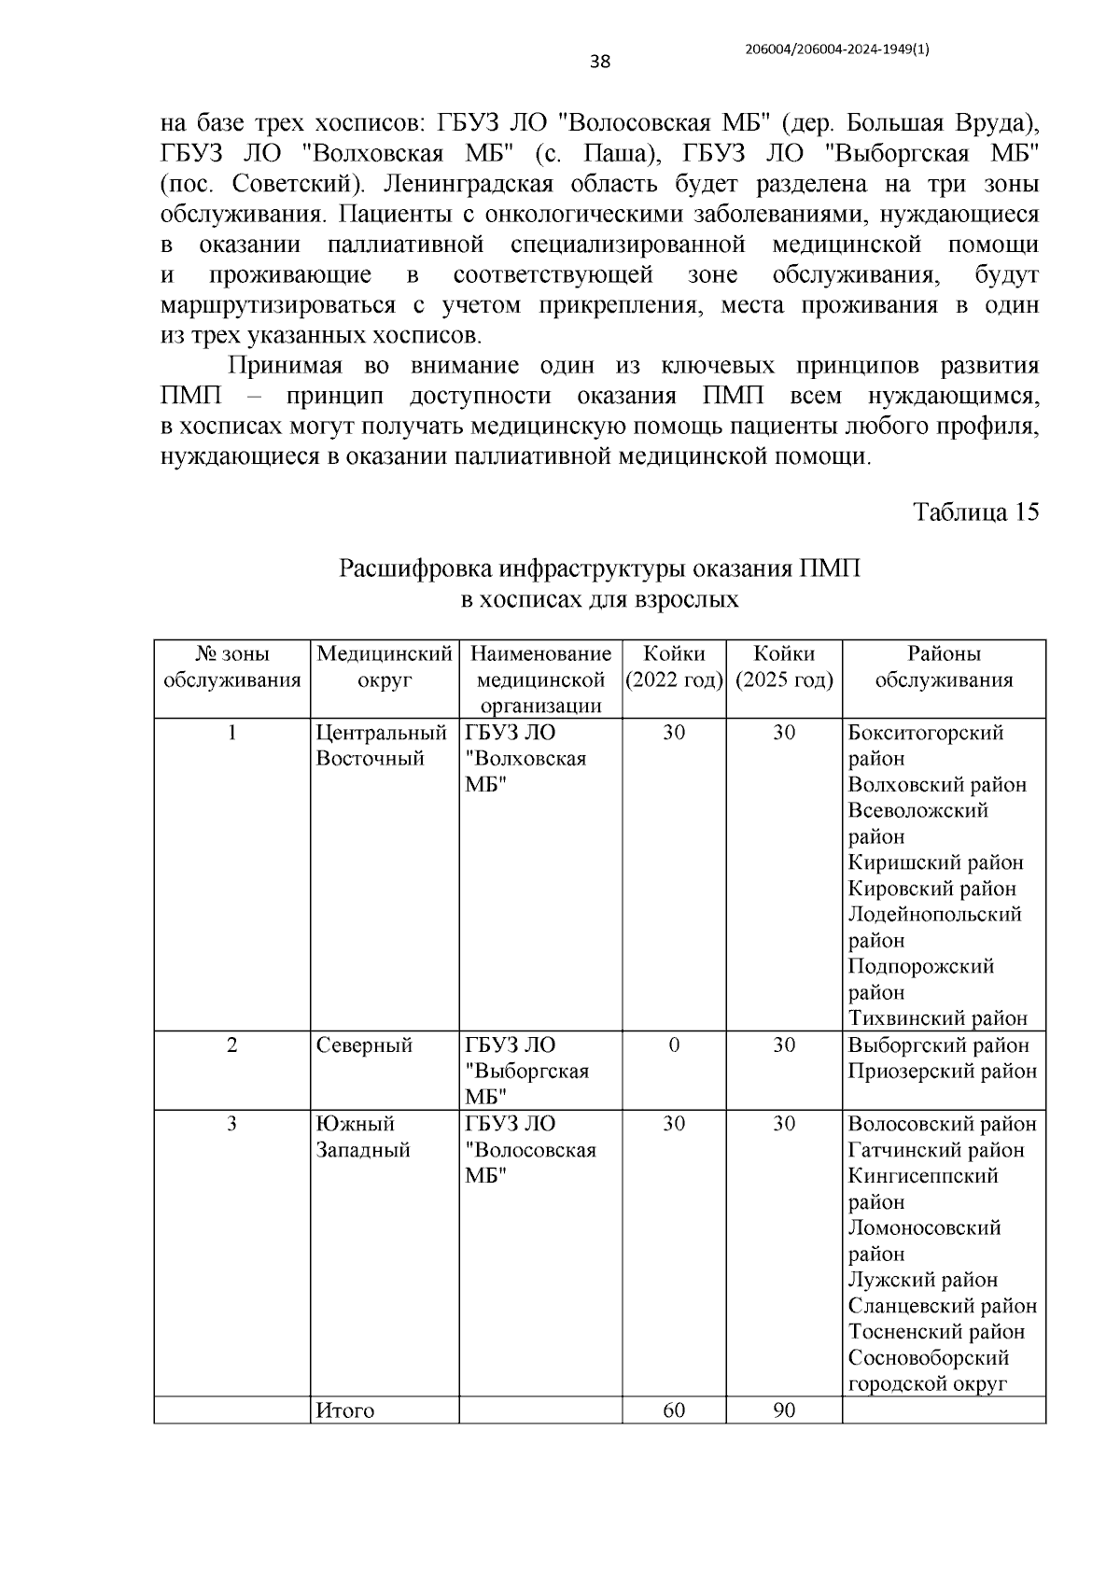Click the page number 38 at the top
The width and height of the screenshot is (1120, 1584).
599,63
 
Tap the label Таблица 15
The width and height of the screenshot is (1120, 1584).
975,512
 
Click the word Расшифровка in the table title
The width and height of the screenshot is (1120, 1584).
415,568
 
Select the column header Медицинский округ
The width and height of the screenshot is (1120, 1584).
385,666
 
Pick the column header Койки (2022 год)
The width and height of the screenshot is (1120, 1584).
674,666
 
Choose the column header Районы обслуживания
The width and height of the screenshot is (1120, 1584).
944,666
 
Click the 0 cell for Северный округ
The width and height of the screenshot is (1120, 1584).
674,1045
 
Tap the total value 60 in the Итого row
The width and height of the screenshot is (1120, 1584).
674,1410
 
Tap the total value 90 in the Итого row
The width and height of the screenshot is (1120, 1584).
784,1410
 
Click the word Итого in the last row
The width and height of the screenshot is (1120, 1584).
345,1411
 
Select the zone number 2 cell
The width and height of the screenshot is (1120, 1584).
231,1045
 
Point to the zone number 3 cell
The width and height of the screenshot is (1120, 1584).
231,1124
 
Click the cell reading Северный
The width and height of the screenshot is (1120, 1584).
364,1045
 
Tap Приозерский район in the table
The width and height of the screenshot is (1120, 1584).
942,1072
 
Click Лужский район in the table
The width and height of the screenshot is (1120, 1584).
922,1280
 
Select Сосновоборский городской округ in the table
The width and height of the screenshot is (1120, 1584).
928,1370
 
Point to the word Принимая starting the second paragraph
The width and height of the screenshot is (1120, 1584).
286,365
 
